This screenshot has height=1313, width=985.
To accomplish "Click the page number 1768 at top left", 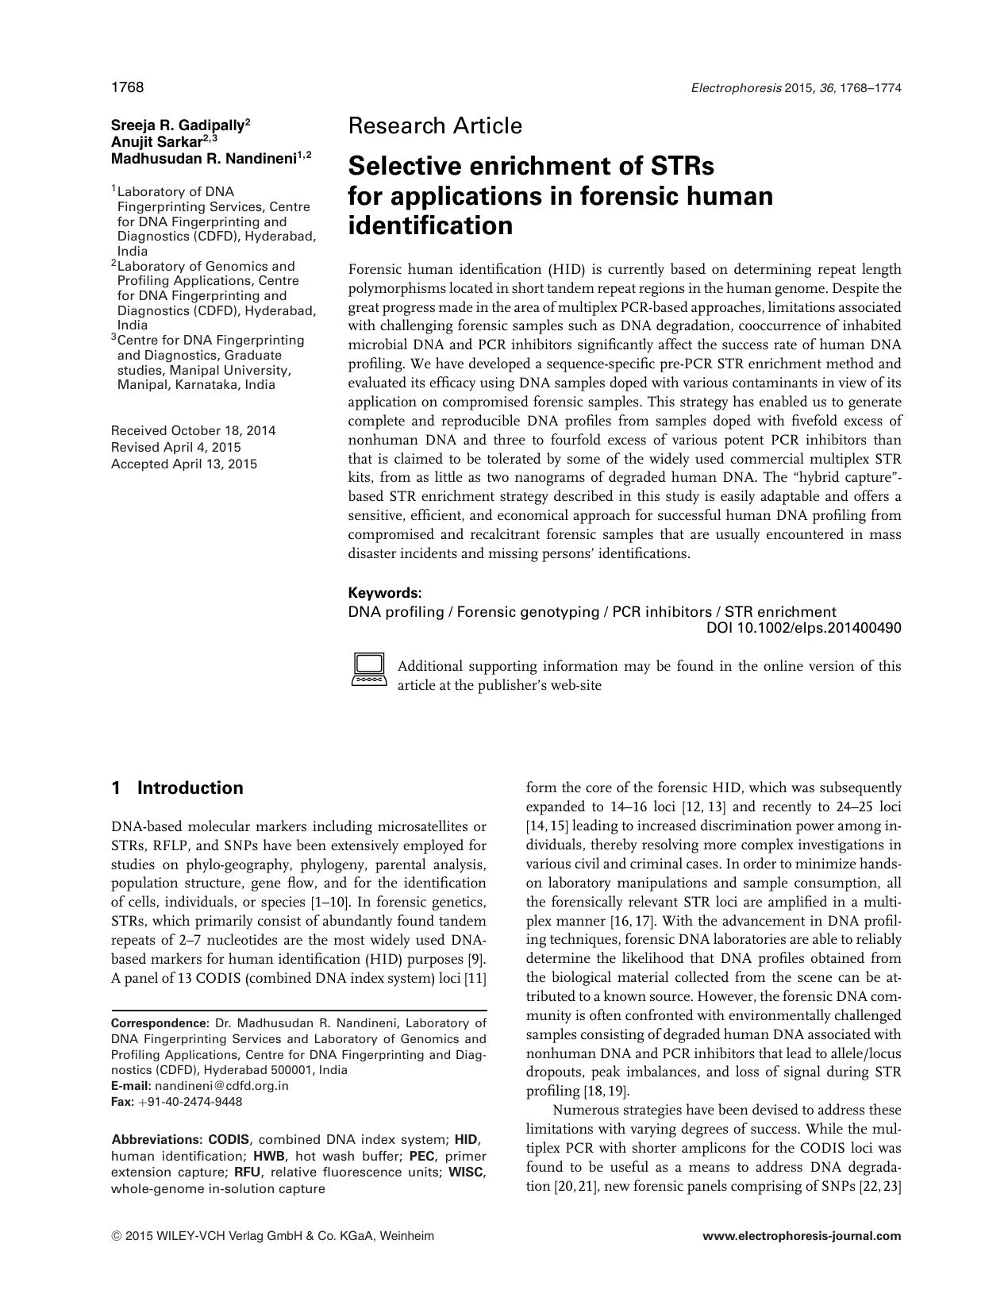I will [127, 87].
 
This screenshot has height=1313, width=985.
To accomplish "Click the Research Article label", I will [435, 126].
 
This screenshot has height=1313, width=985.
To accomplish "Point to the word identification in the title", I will [431, 226].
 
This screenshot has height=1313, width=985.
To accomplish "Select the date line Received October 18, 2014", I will [194, 431].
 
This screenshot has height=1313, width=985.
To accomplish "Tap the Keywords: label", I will [385, 593].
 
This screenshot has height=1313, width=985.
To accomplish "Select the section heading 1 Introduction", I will [178, 788].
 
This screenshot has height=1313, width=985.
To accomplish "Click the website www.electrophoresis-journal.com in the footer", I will [802, 1236].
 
